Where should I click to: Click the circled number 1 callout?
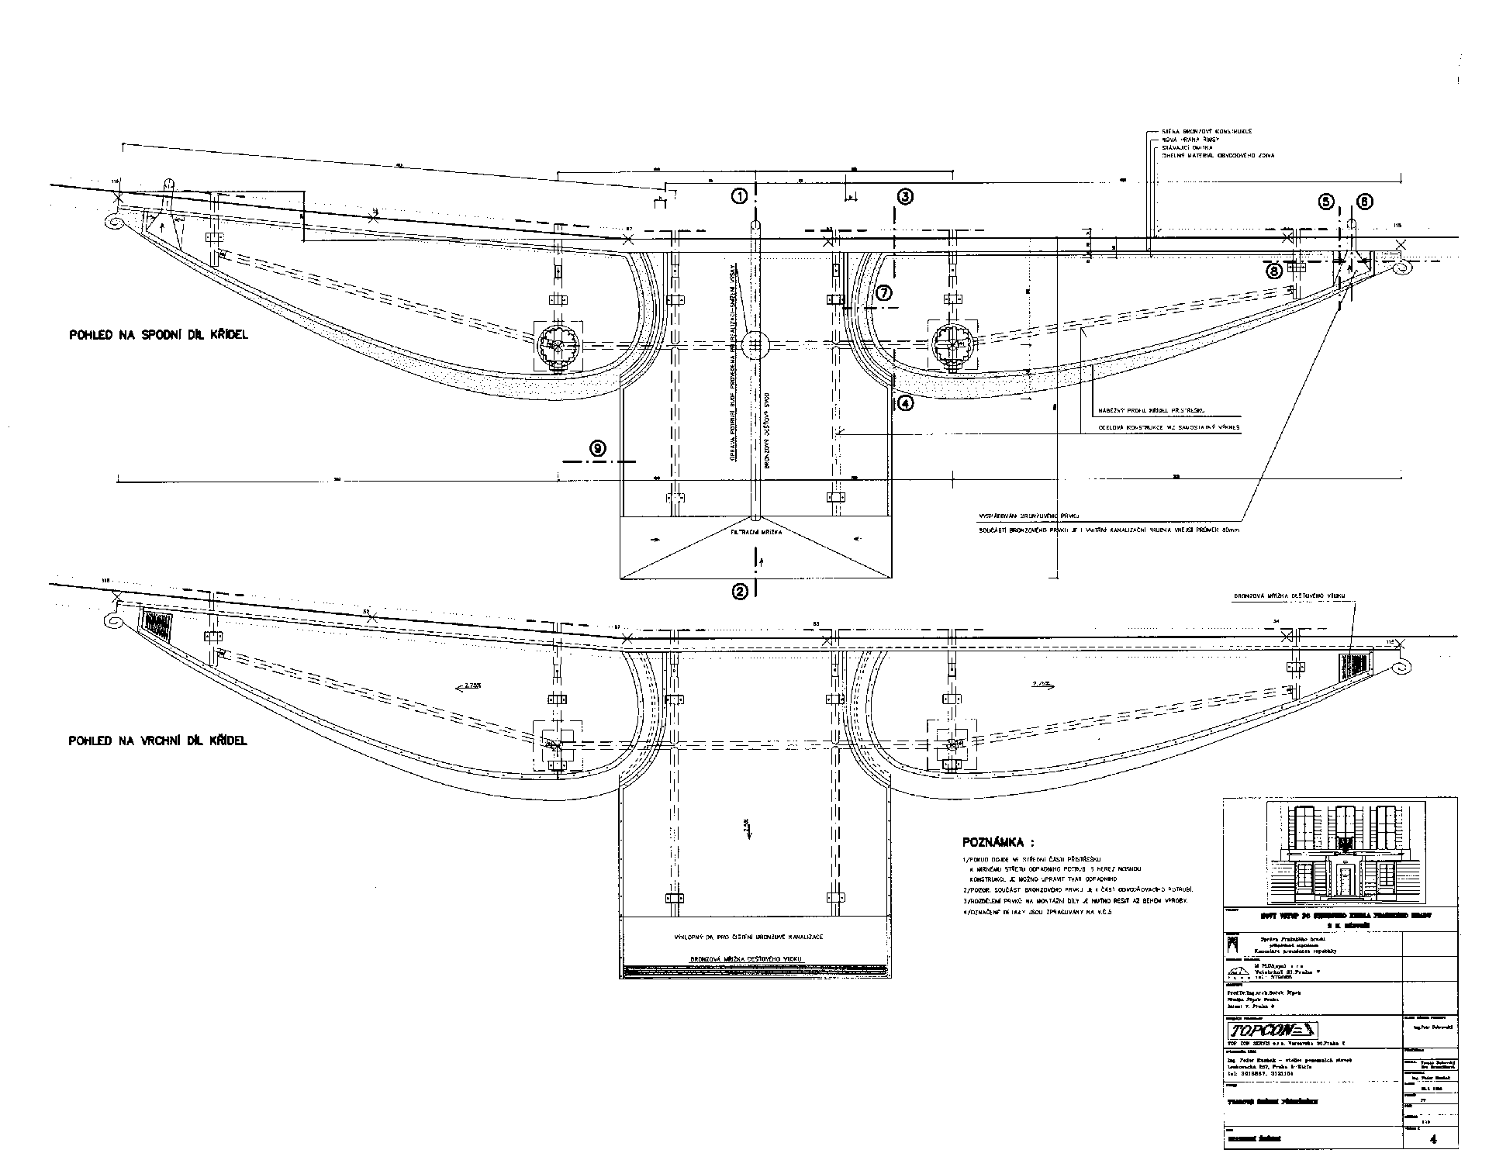click(741, 196)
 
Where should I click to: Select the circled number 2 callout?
click(741, 592)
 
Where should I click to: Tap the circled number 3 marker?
click(905, 197)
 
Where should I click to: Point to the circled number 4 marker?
click(906, 402)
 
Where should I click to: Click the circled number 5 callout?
click(1326, 202)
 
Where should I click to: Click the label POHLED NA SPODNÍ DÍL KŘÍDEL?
click(158, 335)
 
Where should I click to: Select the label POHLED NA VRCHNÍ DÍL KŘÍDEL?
click(158, 741)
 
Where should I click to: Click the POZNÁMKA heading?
click(998, 842)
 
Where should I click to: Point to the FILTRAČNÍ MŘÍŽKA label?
click(757, 533)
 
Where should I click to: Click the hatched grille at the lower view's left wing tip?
click(157, 625)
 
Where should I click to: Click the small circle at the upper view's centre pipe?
click(755, 346)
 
